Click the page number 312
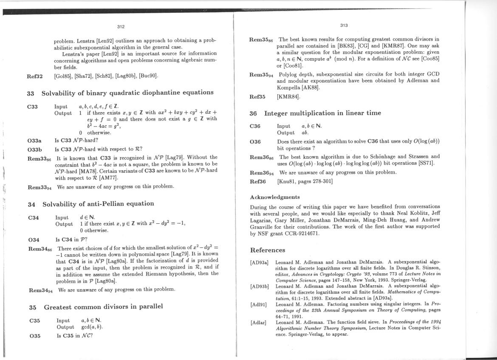pos(121,27)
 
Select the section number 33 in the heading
pos(31,93)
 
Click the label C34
pos(34,218)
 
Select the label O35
pos(35,336)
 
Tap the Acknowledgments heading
pos(275,197)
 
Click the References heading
pos(268,250)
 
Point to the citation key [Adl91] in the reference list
pos(258,304)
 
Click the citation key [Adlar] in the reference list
pos(258,323)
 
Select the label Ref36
pos(257,182)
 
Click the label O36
pos(255,141)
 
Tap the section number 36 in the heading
pos(253,113)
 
